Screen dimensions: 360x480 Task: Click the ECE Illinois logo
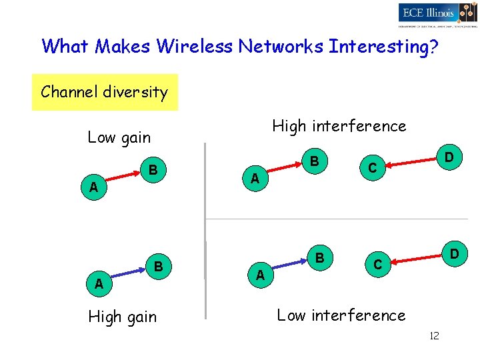[437, 13]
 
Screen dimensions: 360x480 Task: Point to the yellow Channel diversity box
[105, 92]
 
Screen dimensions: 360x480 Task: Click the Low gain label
[119, 137]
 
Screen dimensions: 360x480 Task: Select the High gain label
[123, 317]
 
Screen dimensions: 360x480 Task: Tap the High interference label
[339, 125]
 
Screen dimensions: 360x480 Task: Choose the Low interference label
[341, 315]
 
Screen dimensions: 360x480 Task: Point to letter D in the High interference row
[449, 157]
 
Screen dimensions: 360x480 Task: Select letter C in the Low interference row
[377, 265]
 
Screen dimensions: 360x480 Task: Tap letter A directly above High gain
[99, 283]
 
